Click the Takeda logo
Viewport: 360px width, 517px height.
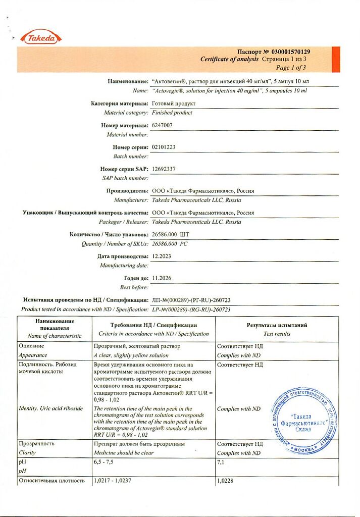click(40, 38)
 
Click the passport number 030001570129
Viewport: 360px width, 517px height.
click(291, 52)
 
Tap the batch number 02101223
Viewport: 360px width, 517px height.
click(164, 147)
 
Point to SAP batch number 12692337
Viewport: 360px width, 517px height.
click(164, 169)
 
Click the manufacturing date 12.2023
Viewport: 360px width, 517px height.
click(162, 256)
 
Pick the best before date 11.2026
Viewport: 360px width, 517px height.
click(162, 278)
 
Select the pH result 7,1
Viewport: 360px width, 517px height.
click(221, 462)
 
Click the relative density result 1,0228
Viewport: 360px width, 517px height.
click(225, 481)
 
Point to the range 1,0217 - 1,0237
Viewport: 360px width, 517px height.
click(113, 481)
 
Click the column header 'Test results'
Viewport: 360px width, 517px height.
click(277, 334)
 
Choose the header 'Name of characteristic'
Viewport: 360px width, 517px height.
click(55, 336)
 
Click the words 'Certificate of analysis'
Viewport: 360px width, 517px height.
click(230, 60)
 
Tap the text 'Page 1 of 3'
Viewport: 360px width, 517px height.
click(291, 67)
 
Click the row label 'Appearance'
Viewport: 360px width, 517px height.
click(33, 355)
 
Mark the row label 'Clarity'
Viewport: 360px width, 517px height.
click(27, 453)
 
